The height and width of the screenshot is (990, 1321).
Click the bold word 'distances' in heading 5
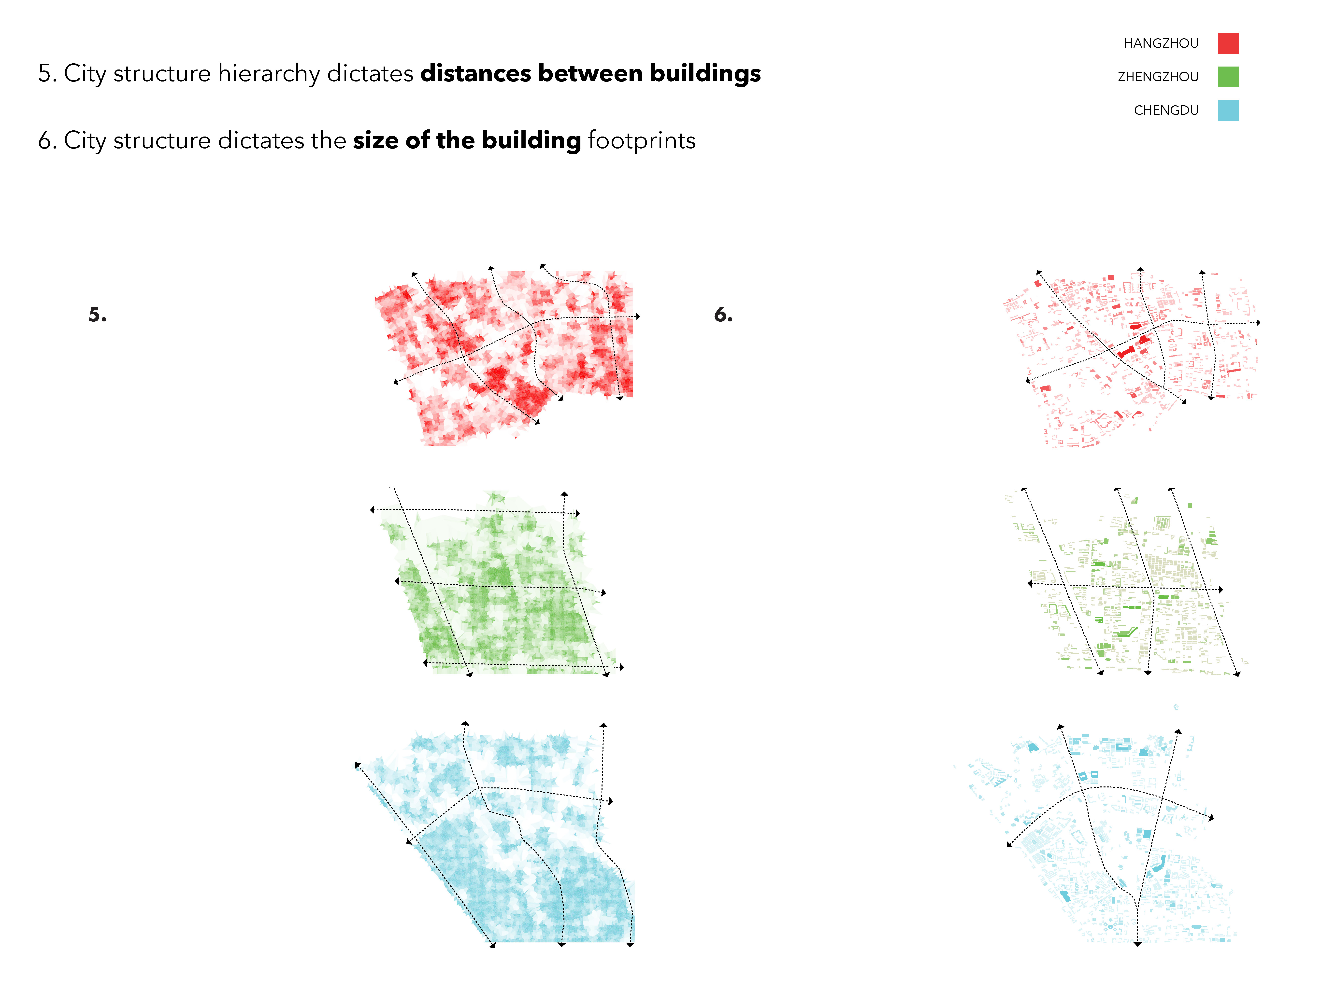475,73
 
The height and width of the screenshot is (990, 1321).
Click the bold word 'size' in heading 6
376,141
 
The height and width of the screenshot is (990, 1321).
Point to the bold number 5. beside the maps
97,315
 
